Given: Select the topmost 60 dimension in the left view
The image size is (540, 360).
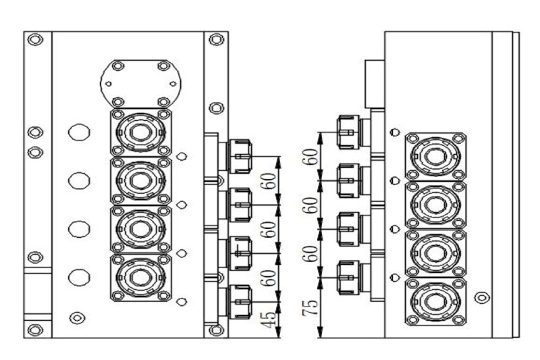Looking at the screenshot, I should [269, 180].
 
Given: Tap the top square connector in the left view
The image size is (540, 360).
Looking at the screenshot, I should [140, 131].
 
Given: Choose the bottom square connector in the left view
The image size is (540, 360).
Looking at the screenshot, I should [140, 277].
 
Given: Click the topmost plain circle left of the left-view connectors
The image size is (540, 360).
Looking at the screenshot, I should [80, 132].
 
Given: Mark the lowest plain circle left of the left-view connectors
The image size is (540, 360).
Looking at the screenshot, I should [80, 277].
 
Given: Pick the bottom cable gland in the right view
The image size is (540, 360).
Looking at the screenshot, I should [348, 278].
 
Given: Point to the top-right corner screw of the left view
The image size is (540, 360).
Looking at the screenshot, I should [216, 39].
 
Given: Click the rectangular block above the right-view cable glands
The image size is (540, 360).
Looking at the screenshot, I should [374, 84].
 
